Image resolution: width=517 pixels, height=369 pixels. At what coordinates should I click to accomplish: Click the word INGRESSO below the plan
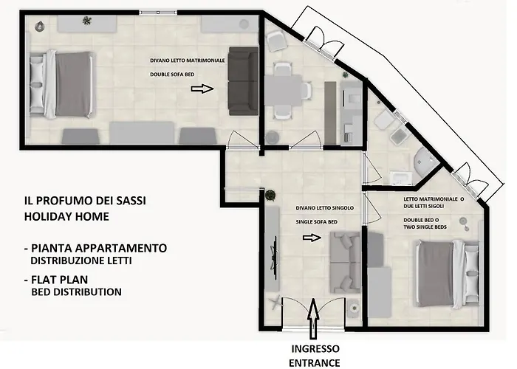click(315, 348)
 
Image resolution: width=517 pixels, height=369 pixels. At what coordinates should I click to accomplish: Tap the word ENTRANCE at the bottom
click(315, 362)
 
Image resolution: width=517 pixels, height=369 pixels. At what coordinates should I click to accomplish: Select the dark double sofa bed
click(242, 81)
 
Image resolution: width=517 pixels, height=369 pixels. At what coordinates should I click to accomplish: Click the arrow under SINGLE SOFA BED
click(313, 238)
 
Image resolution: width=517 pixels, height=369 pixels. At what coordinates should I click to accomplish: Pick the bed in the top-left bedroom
click(63, 82)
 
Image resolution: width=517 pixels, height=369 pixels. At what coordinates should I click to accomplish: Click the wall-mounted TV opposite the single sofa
click(275, 255)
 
